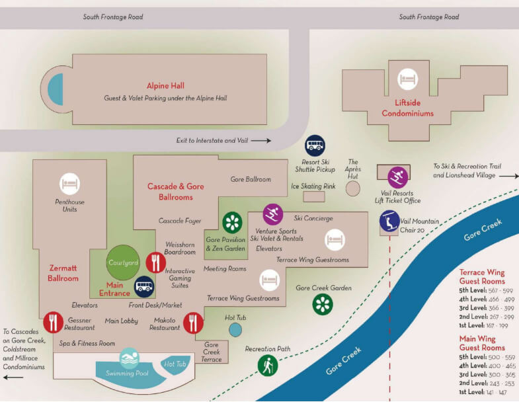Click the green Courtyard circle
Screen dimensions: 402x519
pos(123,263)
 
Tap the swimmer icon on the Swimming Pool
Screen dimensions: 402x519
pos(130,359)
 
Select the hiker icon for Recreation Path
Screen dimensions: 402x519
pos(268,365)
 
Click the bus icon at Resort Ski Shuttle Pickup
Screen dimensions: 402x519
pos(315,145)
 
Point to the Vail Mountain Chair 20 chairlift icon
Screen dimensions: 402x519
pos(389,220)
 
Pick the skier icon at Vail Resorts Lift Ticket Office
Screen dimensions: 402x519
pos(397,176)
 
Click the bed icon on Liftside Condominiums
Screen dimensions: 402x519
pos(407,81)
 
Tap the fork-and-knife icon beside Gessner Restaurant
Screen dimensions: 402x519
pos(52,322)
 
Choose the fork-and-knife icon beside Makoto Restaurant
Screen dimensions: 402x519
pos(193,322)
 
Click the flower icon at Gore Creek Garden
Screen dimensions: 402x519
pos(322,303)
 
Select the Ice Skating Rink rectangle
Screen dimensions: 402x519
pos(313,196)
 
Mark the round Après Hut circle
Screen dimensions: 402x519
pos(353,188)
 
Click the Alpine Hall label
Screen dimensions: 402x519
pos(166,86)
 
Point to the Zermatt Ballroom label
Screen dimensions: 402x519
pos(63,274)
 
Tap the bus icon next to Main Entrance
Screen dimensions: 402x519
pos(144,287)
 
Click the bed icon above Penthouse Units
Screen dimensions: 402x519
pos(70,183)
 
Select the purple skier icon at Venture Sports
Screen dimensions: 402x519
pos(272,214)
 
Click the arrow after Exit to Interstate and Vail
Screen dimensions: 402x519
pos(261,140)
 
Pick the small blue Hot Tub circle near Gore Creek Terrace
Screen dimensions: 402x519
pos(235,329)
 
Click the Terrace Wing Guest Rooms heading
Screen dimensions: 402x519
pos(482,276)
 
